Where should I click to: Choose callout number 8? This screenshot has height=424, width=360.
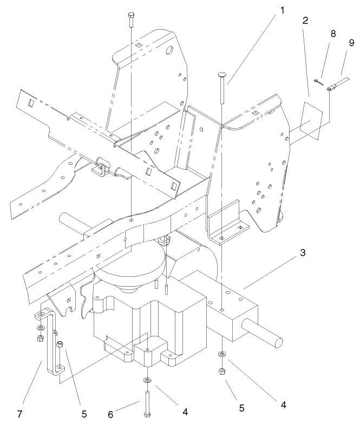(333, 34)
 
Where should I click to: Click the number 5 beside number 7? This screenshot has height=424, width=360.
(84, 414)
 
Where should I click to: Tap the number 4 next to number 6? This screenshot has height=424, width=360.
(185, 412)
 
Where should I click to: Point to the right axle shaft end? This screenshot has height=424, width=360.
(279, 341)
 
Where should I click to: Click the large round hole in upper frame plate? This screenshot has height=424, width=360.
(169, 52)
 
